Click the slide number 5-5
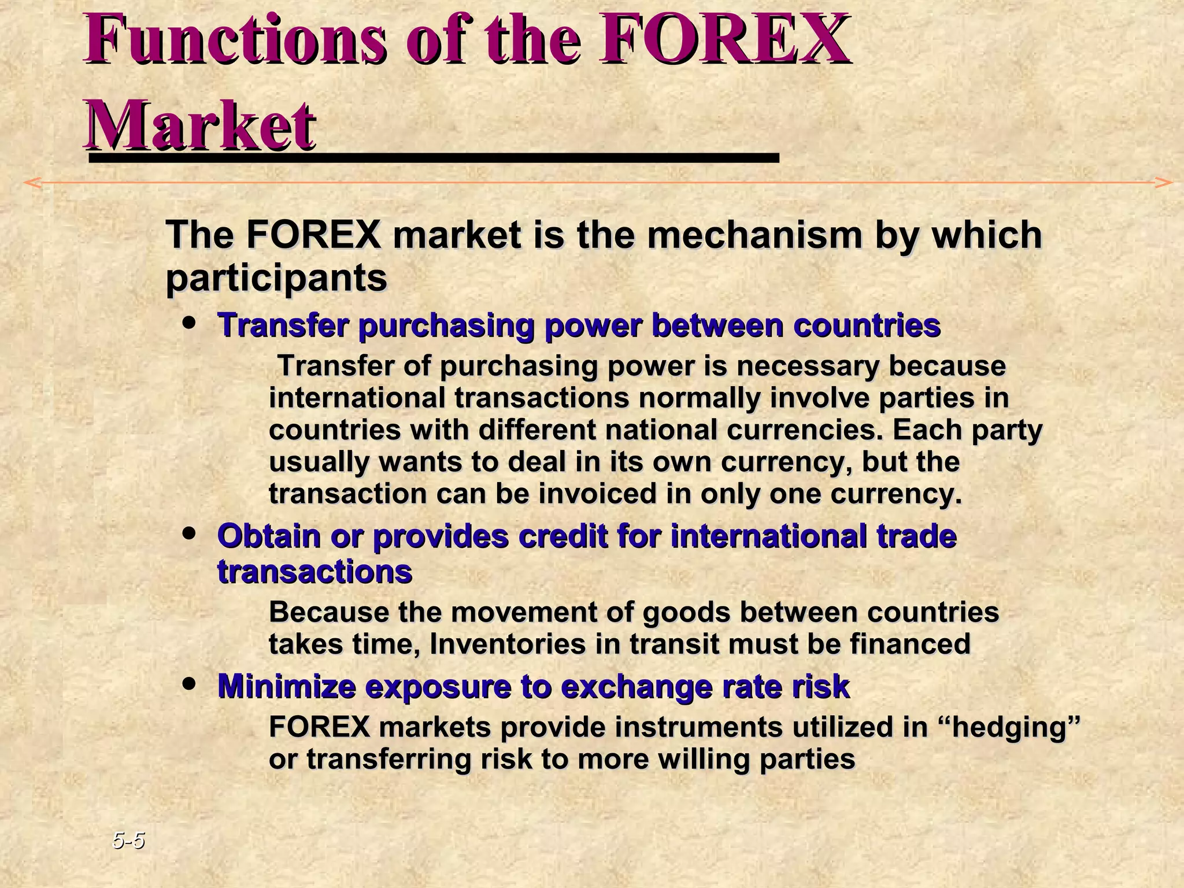pyautogui.click(x=128, y=840)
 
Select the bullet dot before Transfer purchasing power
pyautogui.click(x=189, y=323)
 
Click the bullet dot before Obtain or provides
pyautogui.click(x=189, y=534)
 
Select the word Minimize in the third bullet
pyautogui.click(x=287, y=687)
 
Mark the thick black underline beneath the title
pyautogui.click(x=434, y=157)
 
